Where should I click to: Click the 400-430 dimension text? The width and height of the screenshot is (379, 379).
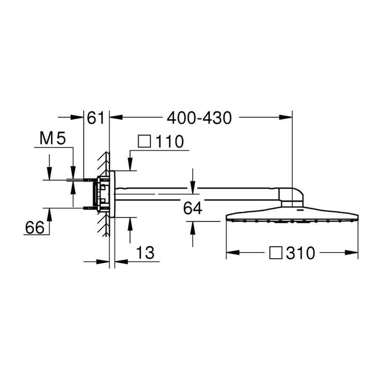tap(199, 118)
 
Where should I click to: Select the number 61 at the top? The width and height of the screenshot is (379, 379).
tap(96, 118)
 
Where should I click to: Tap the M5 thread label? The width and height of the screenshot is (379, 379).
tap(53, 139)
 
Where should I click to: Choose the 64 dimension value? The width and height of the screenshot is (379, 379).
tap(193, 208)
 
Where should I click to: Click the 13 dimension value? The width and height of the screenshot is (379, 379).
tap(145, 253)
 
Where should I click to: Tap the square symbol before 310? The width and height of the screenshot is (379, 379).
tap(276, 253)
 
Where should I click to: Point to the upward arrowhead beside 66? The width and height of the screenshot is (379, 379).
tap(49, 215)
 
